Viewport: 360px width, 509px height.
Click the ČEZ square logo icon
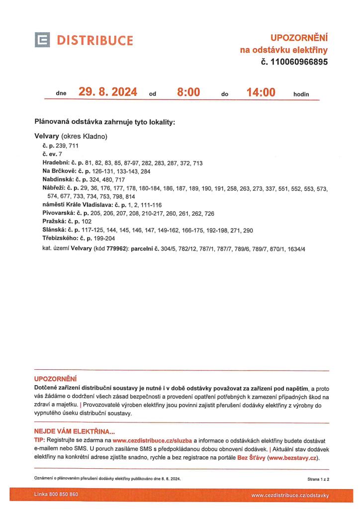tap(42, 40)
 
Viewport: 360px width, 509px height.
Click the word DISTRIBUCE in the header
tap(94, 40)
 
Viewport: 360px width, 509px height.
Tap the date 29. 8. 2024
tap(108, 92)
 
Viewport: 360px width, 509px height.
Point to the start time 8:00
tap(188, 92)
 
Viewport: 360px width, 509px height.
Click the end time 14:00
tap(261, 92)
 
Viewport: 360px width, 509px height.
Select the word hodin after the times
tap(301, 93)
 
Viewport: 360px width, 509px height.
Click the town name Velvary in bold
tap(47, 136)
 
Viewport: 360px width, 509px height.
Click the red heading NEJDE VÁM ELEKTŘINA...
tap(74, 431)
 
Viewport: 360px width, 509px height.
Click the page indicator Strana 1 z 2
tap(318, 479)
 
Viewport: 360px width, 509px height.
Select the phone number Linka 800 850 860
tap(56, 495)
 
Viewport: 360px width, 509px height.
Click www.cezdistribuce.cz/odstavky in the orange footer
tap(290, 495)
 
